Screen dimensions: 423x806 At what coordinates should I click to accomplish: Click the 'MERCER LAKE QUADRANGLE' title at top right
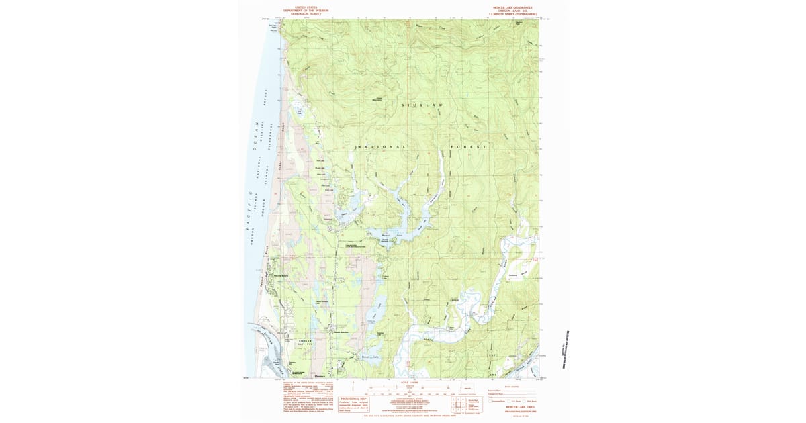coord(515,8)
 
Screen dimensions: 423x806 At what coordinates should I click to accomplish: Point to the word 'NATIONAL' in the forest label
coord(380,146)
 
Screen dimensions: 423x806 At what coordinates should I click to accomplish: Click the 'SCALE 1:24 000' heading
coord(408,382)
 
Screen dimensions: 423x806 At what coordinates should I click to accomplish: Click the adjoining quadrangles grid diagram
coord(459,402)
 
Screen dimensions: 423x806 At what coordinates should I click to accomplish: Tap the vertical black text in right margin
coord(565,349)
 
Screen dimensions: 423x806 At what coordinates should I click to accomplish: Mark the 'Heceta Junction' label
coord(338,332)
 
